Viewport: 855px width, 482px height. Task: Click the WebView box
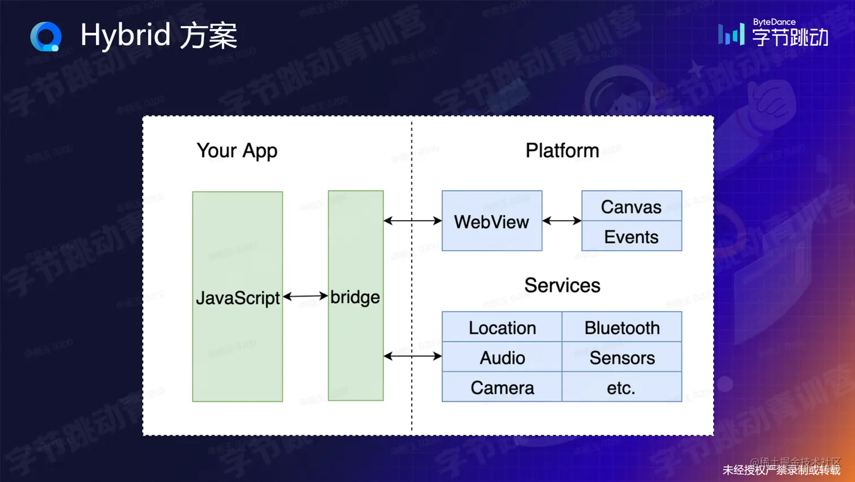pos(491,221)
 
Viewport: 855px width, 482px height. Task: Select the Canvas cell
pos(631,206)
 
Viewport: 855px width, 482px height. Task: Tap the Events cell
pos(631,236)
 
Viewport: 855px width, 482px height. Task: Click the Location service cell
pos(502,328)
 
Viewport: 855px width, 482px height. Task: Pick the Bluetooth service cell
pos(621,328)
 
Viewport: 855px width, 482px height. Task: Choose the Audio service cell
pos(502,358)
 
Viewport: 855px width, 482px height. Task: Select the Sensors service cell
pos(621,358)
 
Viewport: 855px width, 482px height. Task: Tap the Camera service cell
pos(502,388)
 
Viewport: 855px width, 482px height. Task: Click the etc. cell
pos(621,388)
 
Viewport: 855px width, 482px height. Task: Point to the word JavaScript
pos(237,298)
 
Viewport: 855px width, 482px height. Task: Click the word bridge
pos(355,297)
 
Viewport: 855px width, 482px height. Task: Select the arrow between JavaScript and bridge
pos(305,296)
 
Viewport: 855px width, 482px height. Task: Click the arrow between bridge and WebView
pos(412,221)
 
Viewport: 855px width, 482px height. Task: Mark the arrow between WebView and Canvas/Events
pos(562,221)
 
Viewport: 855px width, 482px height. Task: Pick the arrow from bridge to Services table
pos(412,356)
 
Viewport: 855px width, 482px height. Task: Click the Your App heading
pos(237,151)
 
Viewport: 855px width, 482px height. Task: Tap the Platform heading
pos(562,150)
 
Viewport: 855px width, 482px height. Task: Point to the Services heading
pos(562,285)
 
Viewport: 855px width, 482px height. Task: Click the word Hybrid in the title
pos(125,36)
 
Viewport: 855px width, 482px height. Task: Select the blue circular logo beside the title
pos(46,37)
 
